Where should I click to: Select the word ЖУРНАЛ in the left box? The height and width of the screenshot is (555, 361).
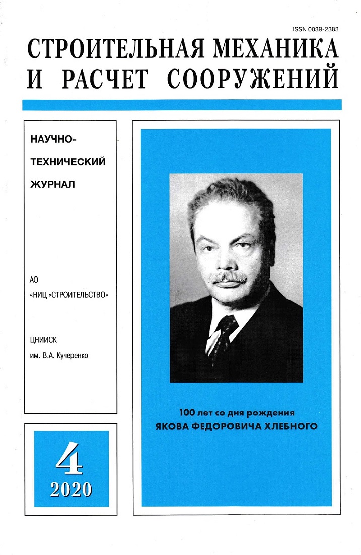click(x=53, y=184)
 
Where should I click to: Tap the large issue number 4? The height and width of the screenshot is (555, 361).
click(x=70, y=458)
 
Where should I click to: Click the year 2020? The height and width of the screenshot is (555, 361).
click(x=70, y=488)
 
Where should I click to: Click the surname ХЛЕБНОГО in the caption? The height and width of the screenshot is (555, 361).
click(x=292, y=426)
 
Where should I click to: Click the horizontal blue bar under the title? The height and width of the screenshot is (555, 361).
click(x=182, y=105)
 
